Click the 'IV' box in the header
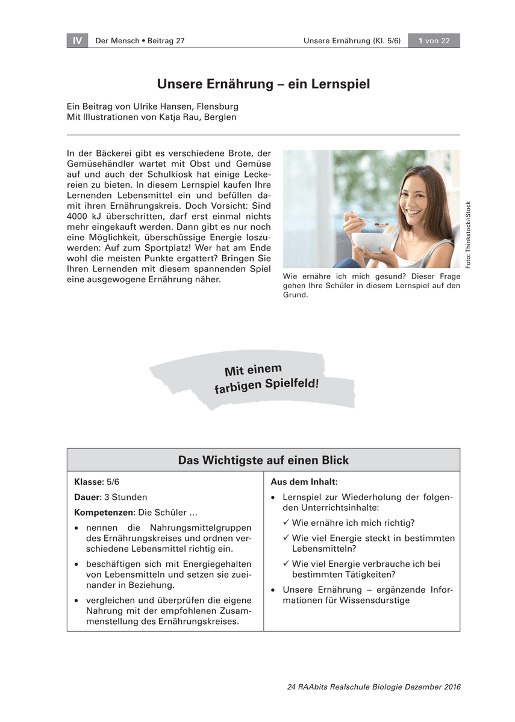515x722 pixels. coord(77,41)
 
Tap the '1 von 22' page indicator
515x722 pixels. coord(434,41)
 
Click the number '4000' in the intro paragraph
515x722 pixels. coord(78,216)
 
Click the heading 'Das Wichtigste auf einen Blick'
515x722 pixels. coord(263,460)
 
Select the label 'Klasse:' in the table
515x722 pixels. coord(89,482)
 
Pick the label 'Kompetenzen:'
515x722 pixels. coord(104,513)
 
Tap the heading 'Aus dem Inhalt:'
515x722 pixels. coord(304,482)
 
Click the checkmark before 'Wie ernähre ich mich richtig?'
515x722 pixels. coord(287,523)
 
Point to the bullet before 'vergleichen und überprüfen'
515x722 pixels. coord(77,600)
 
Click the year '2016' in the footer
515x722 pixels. coord(449,687)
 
